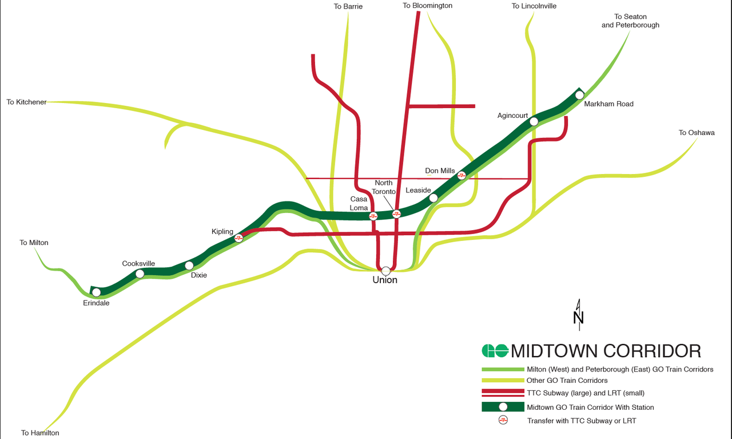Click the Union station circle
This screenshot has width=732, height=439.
tap(386, 271)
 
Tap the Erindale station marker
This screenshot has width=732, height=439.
tap(96, 292)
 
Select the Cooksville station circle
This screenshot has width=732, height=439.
tap(140, 274)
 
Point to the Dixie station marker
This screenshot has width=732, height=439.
tap(189, 266)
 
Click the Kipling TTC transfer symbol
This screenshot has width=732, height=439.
tap(239, 238)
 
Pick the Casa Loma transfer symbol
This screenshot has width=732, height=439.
tap(373, 216)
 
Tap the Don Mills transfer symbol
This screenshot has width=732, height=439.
tap(462, 175)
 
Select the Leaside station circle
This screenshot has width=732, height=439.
tap(433, 198)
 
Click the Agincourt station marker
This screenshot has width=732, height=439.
tap(534, 121)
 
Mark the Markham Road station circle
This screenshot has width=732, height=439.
tap(579, 95)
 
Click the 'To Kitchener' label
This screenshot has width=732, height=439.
tap(26, 102)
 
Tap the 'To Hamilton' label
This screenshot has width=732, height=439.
tap(40, 433)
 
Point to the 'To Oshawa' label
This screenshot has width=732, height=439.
tap(697, 133)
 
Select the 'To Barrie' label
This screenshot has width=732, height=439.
tap(348, 6)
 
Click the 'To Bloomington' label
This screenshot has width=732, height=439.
tap(427, 6)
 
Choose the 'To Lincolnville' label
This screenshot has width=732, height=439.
tap(534, 6)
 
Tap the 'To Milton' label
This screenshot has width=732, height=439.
tap(34, 243)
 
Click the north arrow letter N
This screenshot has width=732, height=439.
tap(578, 318)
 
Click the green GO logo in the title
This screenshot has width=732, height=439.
tap(495, 350)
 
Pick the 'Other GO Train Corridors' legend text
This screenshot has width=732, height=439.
tap(567, 381)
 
